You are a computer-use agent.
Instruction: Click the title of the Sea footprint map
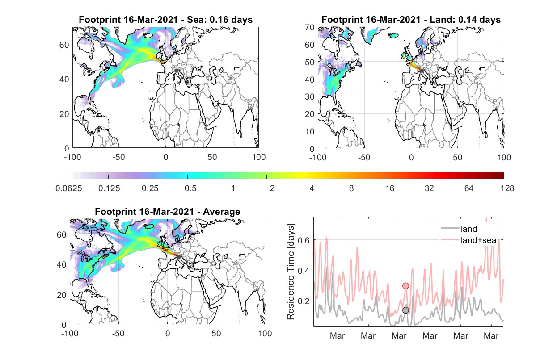click(x=165, y=20)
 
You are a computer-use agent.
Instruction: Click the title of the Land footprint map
click(x=411, y=20)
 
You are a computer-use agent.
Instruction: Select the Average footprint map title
click(x=167, y=212)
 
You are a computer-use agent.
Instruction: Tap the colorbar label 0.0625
click(x=69, y=188)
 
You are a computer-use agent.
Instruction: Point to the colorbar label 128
click(x=507, y=188)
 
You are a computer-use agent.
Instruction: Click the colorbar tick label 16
click(x=390, y=188)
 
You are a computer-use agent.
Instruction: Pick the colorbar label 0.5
click(x=190, y=188)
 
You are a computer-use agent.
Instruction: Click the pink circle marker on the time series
click(x=405, y=286)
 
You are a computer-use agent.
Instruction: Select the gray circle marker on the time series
click(x=405, y=310)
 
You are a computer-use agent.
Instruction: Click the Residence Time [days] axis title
click(x=291, y=272)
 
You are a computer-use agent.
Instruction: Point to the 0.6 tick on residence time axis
click(x=304, y=240)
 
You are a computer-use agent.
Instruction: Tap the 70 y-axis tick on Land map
click(x=310, y=28)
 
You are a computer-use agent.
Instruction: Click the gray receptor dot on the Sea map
click(x=176, y=71)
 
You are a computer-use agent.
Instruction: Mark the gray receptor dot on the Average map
click(x=178, y=257)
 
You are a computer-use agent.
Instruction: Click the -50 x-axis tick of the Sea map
click(x=118, y=157)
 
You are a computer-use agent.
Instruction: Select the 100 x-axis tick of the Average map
click(x=265, y=333)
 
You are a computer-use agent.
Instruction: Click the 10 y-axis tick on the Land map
click(x=310, y=131)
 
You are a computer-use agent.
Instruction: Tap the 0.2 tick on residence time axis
click(x=304, y=301)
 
